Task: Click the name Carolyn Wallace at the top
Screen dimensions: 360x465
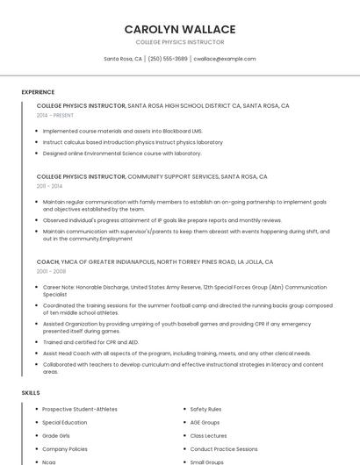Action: coord(180,29)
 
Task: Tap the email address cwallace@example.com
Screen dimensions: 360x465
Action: coord(225,59)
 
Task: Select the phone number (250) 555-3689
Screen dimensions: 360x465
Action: coord(168,59)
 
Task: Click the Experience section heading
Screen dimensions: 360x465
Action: coord(38,92)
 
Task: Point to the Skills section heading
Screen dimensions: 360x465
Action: coord(31,392)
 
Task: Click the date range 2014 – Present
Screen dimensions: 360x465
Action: coord(55,115)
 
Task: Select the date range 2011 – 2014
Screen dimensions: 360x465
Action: coord(49,186)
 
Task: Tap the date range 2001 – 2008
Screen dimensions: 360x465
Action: coord(51,271)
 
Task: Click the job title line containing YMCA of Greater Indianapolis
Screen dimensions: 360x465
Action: coord(155,261)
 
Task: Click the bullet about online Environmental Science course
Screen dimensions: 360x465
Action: coord(122,153)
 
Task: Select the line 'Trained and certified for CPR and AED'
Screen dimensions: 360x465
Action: coord(90,342)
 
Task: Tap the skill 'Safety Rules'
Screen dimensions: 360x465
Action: coord(205,409)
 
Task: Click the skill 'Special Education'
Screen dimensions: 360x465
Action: coord(65,422)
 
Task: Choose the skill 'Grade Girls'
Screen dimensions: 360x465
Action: coord(56,435)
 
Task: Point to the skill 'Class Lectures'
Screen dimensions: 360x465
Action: coord(208,435)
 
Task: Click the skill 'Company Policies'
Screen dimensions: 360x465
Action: coord(65,448)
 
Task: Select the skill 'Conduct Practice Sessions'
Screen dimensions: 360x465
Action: coord(224,448)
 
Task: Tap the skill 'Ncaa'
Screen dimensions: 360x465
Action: coord(49,461)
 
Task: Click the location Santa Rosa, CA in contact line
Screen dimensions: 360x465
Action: coord(123,59)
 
